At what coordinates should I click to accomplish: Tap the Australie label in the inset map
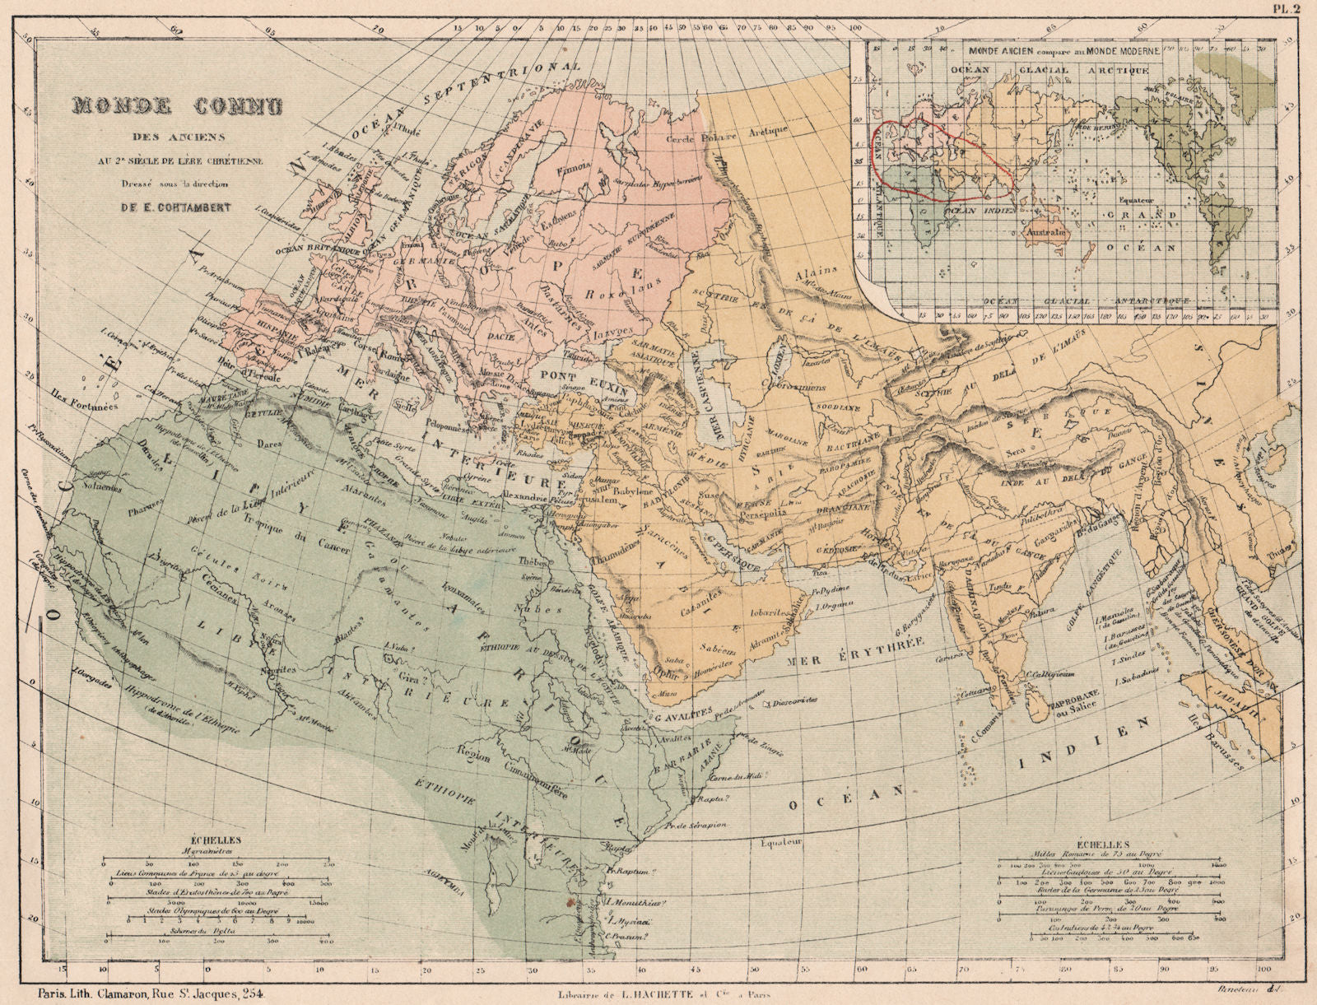tap(1046, 233)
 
